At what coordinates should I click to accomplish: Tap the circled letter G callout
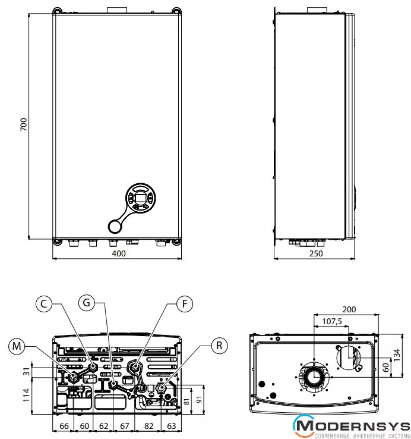[x=87, y=303]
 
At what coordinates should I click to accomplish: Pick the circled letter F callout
[x=185, y=304]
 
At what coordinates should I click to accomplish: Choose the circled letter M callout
[x=17, y=346]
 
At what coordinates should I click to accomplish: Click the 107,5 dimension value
[x=331, y=322]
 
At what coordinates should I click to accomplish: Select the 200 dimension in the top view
[x=350, y=309]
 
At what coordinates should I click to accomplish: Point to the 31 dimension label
[x=26, y=371]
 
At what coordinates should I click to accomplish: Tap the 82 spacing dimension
[x=148, y=426]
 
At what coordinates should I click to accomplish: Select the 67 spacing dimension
[x=125, y=426]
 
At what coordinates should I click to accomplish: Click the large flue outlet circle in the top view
[x=313, y=378]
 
